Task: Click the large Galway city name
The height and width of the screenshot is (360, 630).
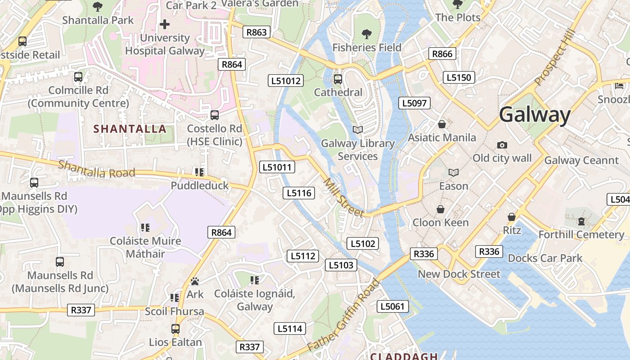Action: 535,115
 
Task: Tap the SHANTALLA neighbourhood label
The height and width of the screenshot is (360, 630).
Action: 130,129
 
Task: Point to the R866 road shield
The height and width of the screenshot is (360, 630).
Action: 442,54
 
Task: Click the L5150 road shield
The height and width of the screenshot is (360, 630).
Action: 459,77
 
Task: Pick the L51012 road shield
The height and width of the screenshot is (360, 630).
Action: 286,81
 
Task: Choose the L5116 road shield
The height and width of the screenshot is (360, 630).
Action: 298,193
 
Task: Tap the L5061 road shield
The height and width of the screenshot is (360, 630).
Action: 392,307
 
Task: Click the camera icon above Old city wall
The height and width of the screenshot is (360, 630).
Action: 502,145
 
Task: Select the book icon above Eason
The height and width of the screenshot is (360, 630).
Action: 454,173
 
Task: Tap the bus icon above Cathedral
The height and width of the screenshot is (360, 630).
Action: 338,79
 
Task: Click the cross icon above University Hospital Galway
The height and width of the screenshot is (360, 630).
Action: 165,24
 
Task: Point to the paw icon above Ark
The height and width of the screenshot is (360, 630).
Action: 195,281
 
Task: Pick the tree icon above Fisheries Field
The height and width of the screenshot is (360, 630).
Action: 367,34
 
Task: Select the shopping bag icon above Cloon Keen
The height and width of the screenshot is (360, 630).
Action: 441,209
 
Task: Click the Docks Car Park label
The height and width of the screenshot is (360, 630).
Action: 545,258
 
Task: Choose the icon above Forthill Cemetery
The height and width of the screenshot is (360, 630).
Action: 581,221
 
